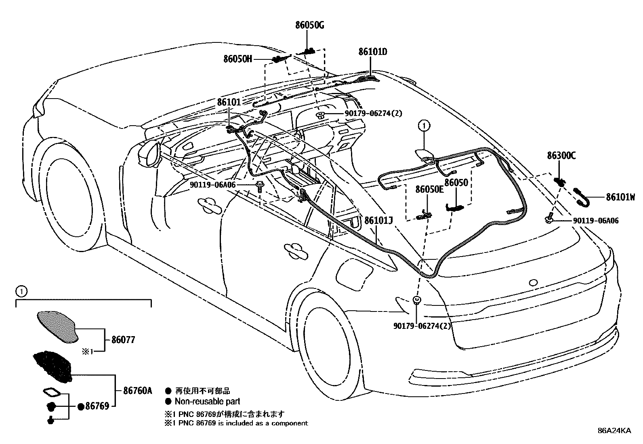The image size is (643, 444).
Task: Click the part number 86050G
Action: (x=309, y=25)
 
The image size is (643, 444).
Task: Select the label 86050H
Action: (x=237, y=59)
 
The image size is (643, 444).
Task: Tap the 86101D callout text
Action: (x=372, y=52)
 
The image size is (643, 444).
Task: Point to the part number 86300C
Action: (x=561, y=155)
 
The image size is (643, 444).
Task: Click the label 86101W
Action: (x=620, y=198)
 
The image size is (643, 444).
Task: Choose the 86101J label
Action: (x=378, y=221)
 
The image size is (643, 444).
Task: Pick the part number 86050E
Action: (x=430, y=190)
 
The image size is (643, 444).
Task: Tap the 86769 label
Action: (x=98, y=406)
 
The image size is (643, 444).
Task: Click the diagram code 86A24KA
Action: (x=614, y=431)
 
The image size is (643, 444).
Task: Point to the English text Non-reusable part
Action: (x=207, y=402)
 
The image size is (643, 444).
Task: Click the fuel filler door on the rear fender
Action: (x=353, y=270)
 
